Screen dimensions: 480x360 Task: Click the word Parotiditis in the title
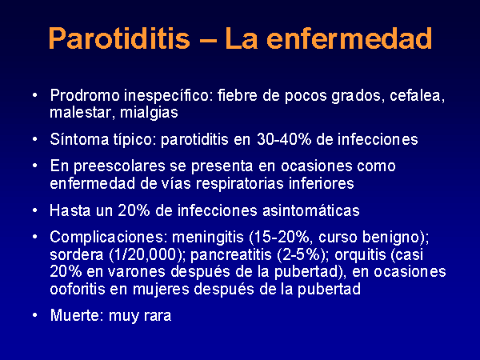point(119,38)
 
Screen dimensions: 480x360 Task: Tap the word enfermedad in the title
point(350,38)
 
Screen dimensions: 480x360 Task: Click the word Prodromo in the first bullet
point(85,95)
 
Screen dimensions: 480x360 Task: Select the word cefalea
point(417,96)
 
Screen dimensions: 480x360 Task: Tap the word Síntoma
point(79,139)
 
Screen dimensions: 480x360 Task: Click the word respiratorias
point(240,184)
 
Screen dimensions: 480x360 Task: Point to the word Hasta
point(70,210)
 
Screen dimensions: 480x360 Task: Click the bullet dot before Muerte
point(35,315)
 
